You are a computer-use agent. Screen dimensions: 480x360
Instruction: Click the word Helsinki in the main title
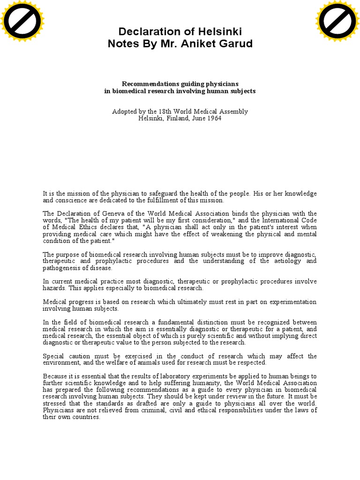pyautogui.click(x=219, y=31)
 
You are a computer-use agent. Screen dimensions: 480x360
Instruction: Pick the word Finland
pyautogui.click(x=177, y=119)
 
